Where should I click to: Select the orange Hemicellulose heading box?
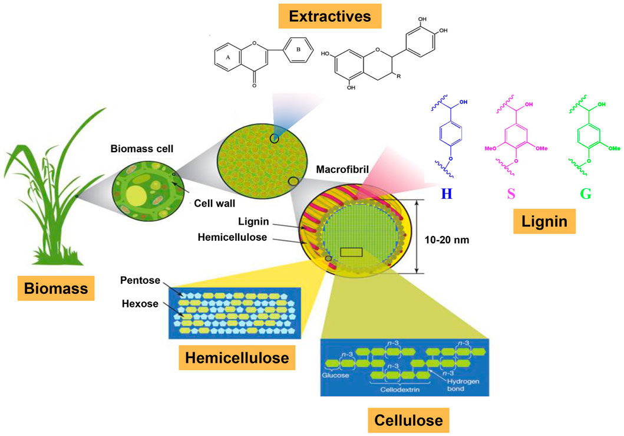(237, 357)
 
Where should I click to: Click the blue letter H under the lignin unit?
(446, 193)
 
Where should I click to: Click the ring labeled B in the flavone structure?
(298, 50)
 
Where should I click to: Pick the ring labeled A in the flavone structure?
(227, 58)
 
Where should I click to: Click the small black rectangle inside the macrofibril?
(351, 252)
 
